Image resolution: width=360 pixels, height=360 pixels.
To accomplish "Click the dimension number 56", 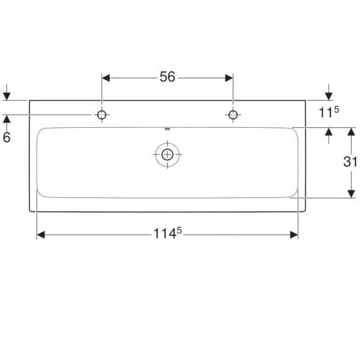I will pyautogui.click(x=167, y=77).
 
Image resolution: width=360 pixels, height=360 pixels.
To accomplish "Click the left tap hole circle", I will pyautogui.click(x=102, y=115).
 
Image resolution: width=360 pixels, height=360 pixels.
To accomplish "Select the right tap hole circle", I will pyautogui.click(x=232, y=115).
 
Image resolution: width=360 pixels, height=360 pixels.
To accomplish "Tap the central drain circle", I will pyautogui.click(x=167, y=154).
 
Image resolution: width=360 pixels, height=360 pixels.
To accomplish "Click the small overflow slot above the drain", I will pyautogui.click(x=167, y=129).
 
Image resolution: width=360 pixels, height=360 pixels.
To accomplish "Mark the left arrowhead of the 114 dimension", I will pyautogui.click(x=41, y=234).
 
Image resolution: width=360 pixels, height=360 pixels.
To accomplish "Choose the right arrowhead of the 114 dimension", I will pyautogui.click(x=294, y=234).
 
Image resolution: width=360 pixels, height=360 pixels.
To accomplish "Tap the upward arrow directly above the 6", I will pyautogui.click(x=7, y=119).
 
